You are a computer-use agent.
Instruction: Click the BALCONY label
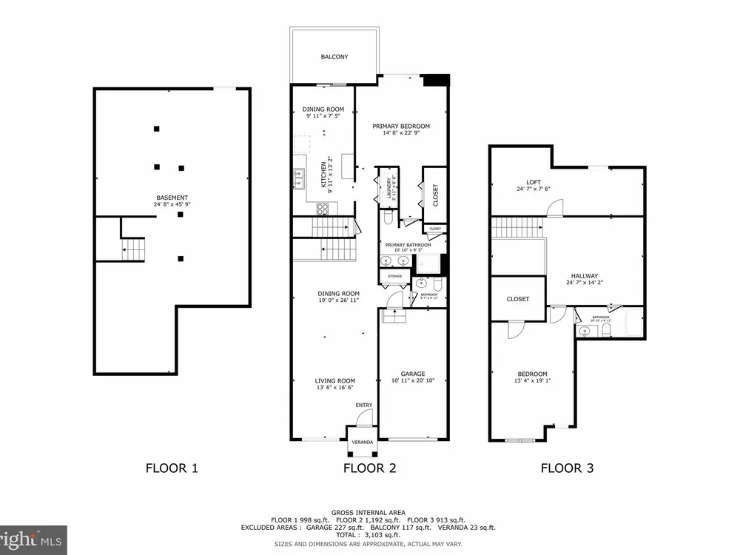pos(334,57)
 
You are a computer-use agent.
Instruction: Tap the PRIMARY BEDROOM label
pos(400,127)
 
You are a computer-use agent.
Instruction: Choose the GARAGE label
pos(413,374)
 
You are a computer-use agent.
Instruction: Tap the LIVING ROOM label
pos(335,381)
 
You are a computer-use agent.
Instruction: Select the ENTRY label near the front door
pos(364,405)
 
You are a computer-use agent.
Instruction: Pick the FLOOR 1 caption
pos(172,468)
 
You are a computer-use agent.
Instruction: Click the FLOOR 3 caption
pos(567,468)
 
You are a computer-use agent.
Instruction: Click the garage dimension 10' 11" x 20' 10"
pos(413,381)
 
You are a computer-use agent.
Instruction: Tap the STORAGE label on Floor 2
pos(394,277)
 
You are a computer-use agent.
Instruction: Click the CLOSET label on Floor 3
pos(518,299)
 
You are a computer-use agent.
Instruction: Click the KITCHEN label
pos(322,176)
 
